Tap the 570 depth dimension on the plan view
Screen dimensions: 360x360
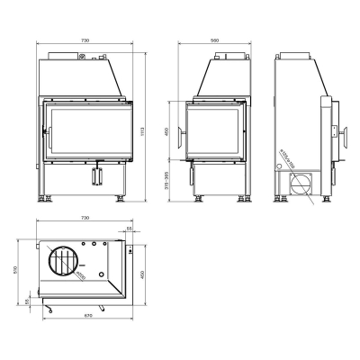(15, 267)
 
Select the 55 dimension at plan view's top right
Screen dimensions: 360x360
(129, 229)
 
